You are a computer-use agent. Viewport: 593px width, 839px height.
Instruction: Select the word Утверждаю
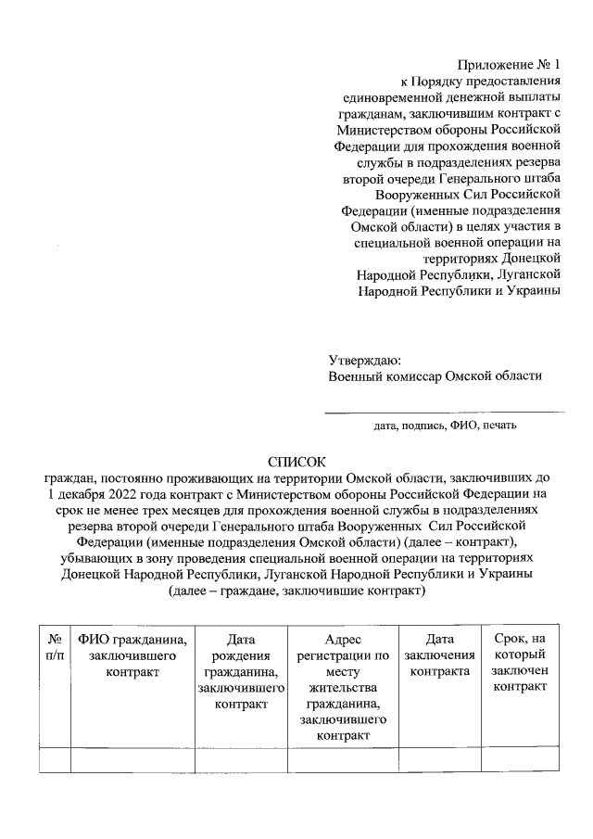[365, 361]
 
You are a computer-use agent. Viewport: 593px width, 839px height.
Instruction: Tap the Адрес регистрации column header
[343, 687]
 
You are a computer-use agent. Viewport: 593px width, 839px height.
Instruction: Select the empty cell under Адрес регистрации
[343, 760]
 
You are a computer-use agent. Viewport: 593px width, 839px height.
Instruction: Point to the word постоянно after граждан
[132, 477]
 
